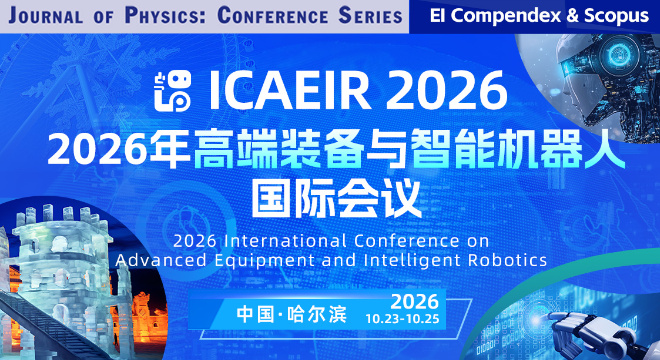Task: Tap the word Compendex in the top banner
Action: click(x=506, y=16)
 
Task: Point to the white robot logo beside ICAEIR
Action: click(x=173, y=91)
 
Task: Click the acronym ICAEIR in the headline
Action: click(x=290, y=91)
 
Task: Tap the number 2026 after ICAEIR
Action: click(x=446, y=91)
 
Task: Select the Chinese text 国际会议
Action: click(x=336, y=198)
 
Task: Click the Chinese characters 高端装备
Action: click(x=278, y=148)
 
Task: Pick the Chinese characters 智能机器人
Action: click(x=518, y=148)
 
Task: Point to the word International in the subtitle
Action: click(x=285, y=241)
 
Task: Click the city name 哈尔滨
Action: click(x=317, y=314)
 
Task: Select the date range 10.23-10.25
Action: click(x=402, y=319)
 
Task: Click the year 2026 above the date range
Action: click(x=415, y=301)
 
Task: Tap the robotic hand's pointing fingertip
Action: click(x=551, y=316)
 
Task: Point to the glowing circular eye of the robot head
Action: click(x=619, y=54)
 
